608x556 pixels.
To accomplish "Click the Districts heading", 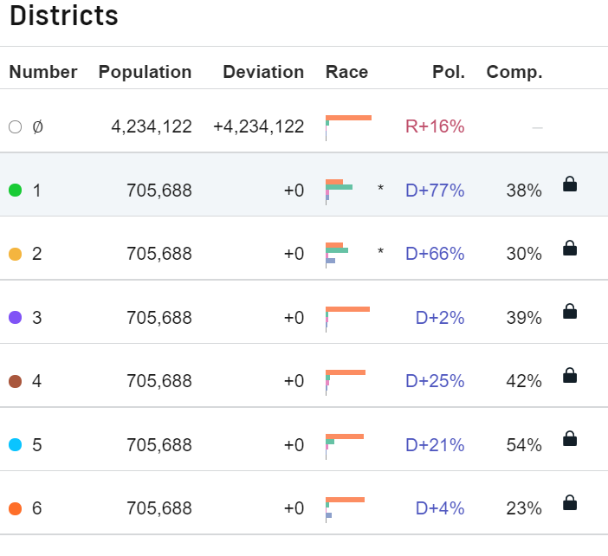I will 63,16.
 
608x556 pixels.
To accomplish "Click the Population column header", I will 145,72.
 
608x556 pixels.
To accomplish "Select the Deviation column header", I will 263,72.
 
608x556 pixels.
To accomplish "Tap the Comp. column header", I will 514,72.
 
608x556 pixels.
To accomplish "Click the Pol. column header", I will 448,72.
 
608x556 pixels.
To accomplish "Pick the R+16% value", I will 435,126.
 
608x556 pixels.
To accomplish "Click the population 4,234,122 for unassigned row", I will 152,126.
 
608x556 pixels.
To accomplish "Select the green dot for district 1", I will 15,191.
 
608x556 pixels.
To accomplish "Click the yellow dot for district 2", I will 15,254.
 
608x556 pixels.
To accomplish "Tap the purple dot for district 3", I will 15,318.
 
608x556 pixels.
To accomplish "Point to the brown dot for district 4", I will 15,381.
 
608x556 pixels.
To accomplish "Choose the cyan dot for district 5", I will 15,445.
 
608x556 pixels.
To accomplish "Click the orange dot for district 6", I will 15,508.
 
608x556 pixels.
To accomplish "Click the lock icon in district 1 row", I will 570,184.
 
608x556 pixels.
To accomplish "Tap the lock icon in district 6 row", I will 570,502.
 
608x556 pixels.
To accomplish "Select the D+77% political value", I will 435,191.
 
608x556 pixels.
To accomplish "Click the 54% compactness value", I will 524,445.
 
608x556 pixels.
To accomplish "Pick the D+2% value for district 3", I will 440,318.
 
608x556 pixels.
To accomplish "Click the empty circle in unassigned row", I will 15,126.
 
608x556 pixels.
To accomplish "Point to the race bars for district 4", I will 346,381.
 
